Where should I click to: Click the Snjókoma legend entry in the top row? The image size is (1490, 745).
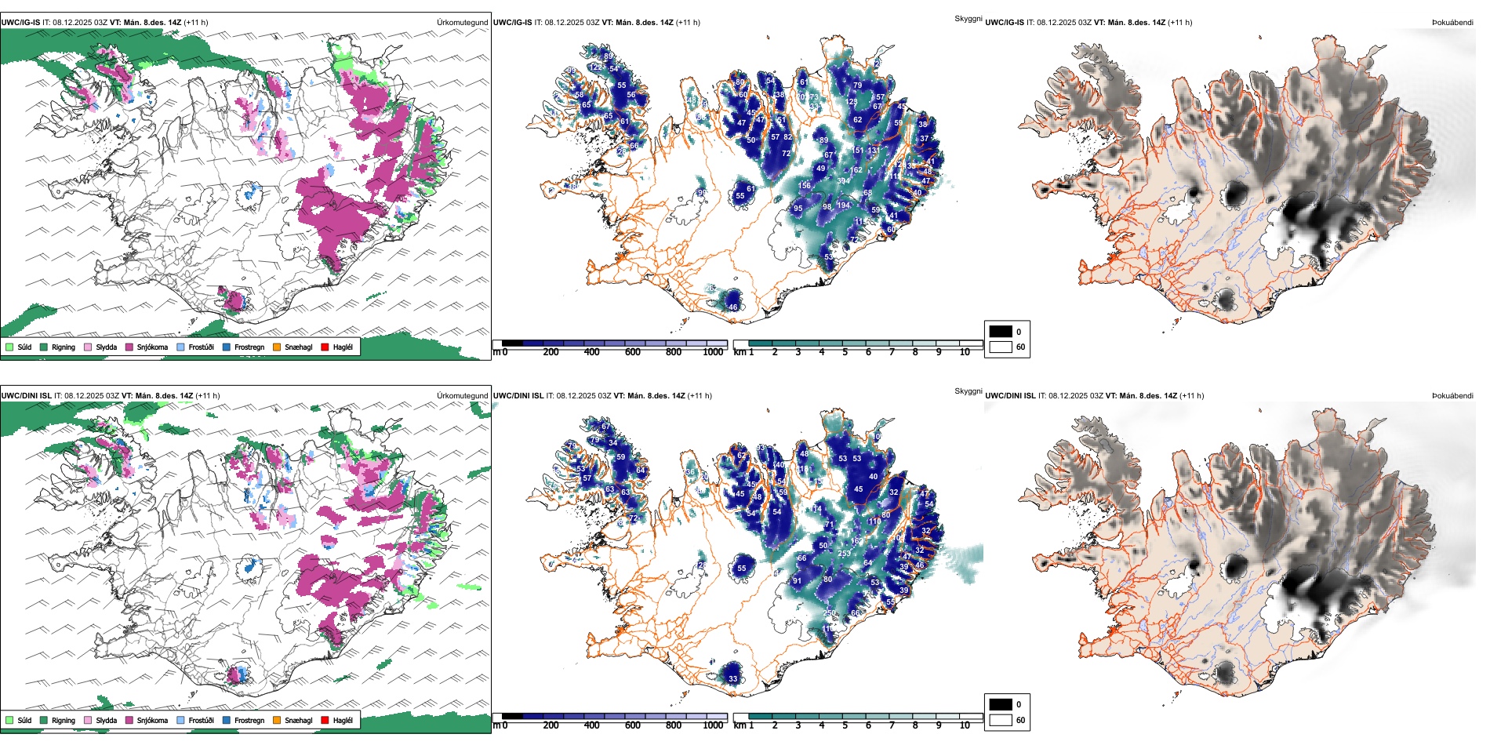[x=152, y=347]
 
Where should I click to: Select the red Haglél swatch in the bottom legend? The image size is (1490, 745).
[x=325, y=720]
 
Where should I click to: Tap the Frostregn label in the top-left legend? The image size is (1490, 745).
[x=249, y=347]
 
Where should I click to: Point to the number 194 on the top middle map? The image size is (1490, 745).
[x=843, y=205]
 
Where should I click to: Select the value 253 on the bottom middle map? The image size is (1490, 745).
[x=845, y=554]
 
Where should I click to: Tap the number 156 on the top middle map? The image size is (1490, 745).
[x=805, y=186]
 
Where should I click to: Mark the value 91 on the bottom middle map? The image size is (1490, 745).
[x=797, y=581]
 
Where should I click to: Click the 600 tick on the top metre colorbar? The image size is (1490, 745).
[x=633, y=352]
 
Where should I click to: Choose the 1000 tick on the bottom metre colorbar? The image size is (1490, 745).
[x=713, y=725]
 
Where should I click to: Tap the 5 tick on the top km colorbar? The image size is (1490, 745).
[x=845, y=352]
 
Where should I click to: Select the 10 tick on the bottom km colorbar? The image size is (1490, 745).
[x=965, y=725]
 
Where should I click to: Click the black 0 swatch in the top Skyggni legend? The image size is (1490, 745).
[x=1001, y=332]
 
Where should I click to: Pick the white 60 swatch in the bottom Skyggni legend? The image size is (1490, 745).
[x=1001, y=720]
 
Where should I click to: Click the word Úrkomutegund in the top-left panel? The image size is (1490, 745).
[x=462, y=23]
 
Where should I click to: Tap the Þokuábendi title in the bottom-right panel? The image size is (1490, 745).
[x=1452, y=396]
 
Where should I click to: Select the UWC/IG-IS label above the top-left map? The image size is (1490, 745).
[x=20, y=23]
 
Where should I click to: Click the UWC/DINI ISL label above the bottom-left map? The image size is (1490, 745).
[x=26, y=396]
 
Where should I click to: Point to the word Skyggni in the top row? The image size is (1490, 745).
[x=968, y=19]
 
